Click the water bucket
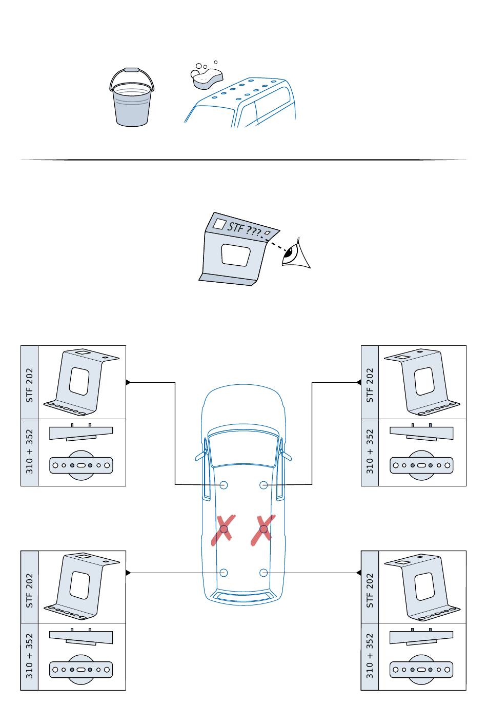coord(132,101)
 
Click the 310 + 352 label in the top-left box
coord(29,452)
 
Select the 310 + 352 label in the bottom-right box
coord(370,656)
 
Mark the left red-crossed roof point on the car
coord(224,528)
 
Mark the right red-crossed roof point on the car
coord(263,528)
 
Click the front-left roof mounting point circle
coord(224,484)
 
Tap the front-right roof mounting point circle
coord(263,484)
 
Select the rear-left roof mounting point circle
coord(224,573)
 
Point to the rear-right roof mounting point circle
coord(263,573)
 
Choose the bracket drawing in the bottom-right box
coord(421,586)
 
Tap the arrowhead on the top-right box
coord(359,382)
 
